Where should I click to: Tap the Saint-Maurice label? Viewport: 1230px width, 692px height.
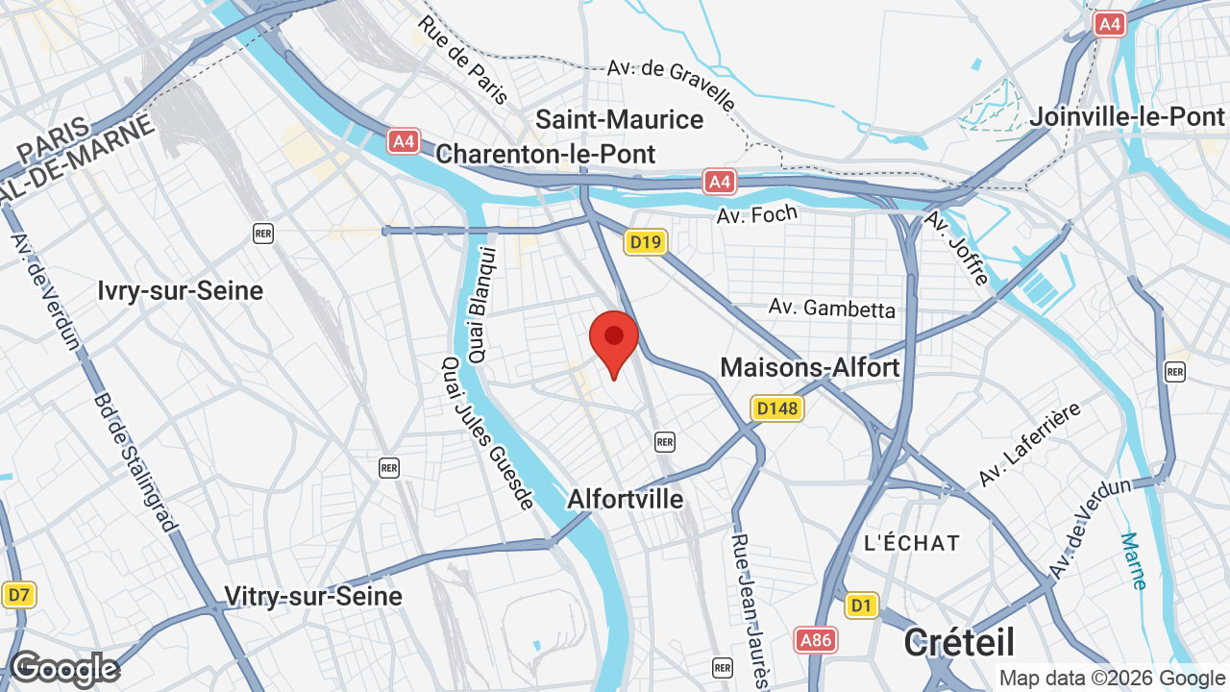(619, 120)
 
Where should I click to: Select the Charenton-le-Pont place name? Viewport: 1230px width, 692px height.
(545, 155)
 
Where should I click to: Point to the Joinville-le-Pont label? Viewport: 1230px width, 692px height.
(1126, 117)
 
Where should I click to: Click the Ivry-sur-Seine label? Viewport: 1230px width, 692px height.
(181, 290)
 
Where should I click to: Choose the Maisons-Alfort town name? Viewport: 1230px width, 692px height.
(809, 367)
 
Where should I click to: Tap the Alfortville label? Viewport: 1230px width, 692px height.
(625, 499)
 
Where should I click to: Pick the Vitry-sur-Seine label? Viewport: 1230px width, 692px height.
(313, 596)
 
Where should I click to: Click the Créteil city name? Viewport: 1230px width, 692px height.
(958, 641)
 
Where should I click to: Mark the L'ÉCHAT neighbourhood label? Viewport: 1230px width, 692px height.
(911, 543)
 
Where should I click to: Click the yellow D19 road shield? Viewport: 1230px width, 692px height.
(645, 242)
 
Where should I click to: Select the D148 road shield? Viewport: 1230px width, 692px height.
(776, 408)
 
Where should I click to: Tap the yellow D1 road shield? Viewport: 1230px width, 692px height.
(862, 605)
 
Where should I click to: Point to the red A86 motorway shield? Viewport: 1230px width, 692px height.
(816, 639)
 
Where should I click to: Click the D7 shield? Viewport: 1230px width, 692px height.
(17, 595)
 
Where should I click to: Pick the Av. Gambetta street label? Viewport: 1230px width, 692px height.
(832, 309)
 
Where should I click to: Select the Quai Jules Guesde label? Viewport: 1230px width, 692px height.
(487, 432)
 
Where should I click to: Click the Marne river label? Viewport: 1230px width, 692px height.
(1134, 560)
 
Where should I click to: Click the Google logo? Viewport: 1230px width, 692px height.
(63, 669)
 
